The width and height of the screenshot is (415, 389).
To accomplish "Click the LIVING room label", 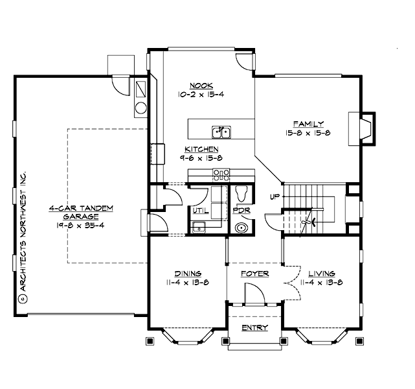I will point(321,273).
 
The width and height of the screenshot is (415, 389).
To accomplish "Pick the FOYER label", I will point(254,274).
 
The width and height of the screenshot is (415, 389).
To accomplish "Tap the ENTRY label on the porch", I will point(254,327).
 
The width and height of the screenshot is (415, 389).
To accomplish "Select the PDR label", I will point(241,211).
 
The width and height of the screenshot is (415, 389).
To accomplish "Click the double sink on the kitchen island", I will point(222,132).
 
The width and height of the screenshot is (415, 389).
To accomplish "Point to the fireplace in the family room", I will point(366,128).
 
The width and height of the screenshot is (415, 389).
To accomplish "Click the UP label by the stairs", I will point(274,196).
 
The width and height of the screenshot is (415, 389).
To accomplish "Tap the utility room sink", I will point(199,227).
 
